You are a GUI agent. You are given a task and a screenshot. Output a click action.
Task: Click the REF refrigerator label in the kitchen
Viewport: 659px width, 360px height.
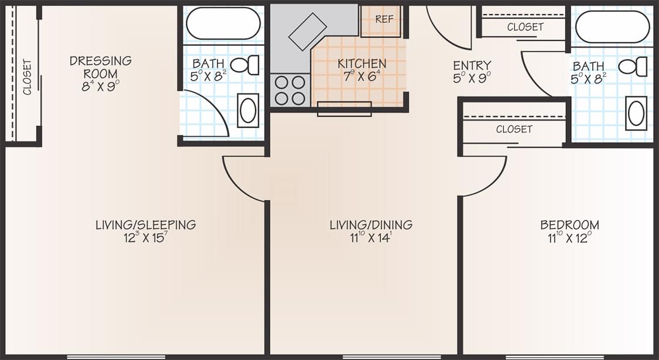(384, 19)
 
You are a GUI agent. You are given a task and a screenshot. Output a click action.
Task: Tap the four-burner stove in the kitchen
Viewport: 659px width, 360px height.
(290, 90)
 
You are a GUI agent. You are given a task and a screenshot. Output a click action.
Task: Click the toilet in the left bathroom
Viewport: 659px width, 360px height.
(245, 65)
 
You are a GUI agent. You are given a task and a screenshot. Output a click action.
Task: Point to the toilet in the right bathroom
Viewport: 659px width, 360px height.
(633, 67)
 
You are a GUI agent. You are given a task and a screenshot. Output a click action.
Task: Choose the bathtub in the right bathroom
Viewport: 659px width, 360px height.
(612, 26)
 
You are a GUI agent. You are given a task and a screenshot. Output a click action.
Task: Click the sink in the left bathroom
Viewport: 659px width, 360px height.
(248, 111)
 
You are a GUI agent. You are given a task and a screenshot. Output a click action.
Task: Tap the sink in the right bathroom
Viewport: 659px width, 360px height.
(636, 113)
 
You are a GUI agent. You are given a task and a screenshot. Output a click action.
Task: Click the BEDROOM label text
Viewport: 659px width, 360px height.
(569, 225)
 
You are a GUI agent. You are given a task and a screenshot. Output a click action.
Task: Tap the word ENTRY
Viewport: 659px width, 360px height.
(472, 66)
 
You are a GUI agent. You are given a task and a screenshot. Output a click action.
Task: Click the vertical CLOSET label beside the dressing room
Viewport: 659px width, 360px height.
(28, 77)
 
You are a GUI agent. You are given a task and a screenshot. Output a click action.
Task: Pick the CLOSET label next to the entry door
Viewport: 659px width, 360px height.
(525, 28)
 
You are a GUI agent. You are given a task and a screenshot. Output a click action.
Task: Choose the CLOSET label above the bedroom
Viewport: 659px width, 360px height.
(514, 129)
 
